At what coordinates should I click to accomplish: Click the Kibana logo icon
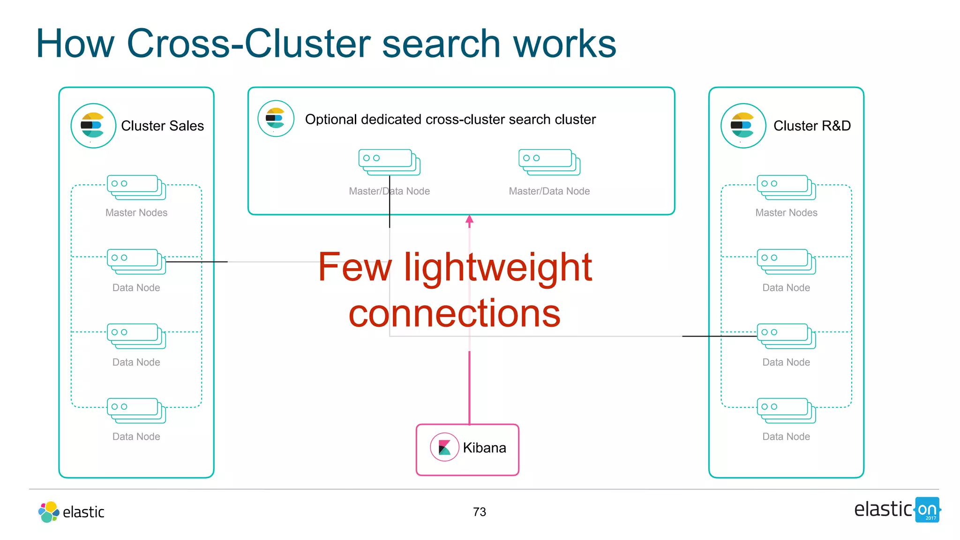tap(444, 447)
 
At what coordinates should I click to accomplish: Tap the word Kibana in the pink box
tap(484, 448)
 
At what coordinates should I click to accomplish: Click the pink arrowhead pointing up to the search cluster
tap(469, 219)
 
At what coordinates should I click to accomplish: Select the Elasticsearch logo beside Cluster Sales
tap(93, 126)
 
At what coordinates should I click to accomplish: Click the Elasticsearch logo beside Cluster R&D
tap(743, 126)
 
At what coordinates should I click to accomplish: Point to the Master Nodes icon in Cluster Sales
tap(136, 187)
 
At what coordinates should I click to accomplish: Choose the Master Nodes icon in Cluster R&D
tap(786, 187)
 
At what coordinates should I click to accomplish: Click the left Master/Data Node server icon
tap(389, 162)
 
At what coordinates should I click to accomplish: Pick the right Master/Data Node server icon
tap(549, 162)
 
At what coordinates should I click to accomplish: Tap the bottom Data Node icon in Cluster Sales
tap(136, 410)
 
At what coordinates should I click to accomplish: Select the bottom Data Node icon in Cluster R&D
tap(786, 410)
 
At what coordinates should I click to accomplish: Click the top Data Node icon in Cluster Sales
tap(136, 261)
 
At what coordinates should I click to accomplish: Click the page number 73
tap(479, 511)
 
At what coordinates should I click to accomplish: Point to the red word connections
tap(454, 313)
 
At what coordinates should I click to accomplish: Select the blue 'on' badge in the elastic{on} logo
tap(927, 510)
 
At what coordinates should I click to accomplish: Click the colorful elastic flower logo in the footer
tap(48, 511)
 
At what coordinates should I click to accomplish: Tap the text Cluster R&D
tap(811, 126)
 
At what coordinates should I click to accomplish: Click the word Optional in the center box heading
tap(331, 120)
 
